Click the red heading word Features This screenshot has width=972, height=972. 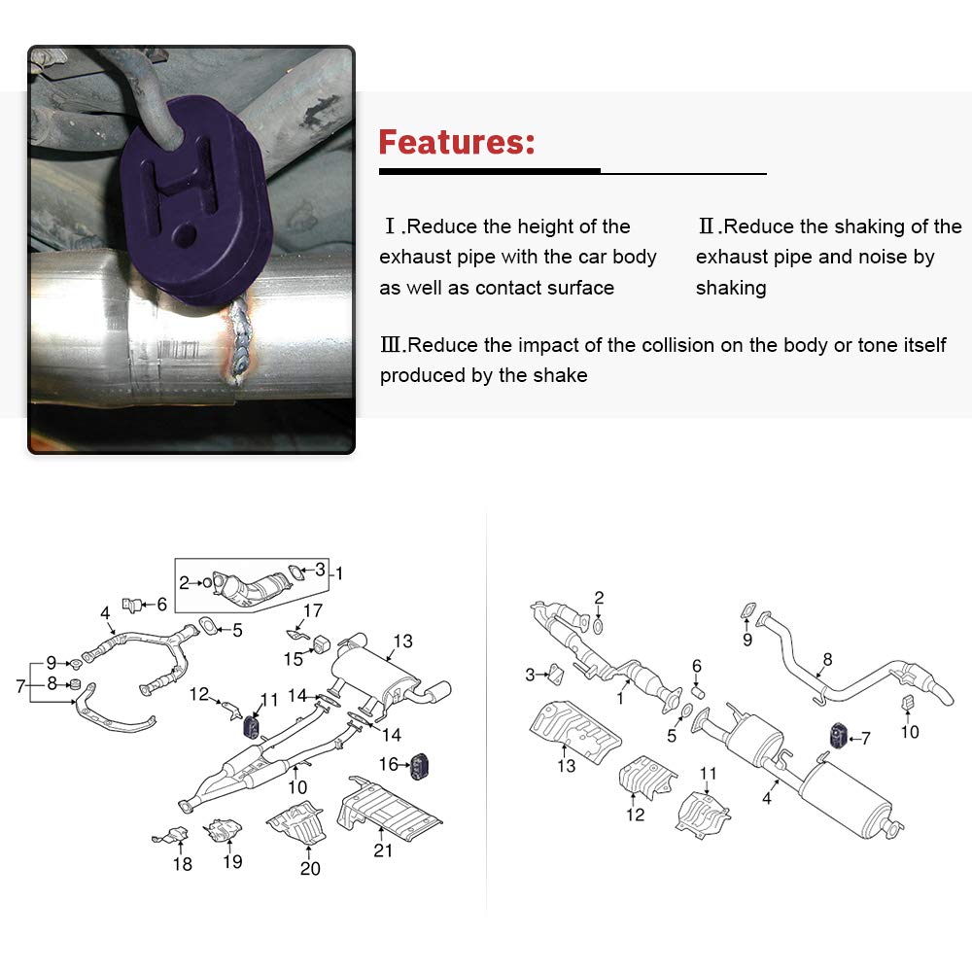click(x=456, y=142)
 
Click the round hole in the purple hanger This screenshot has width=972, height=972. click(x=184, y=234)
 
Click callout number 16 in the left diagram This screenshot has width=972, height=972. click(x=389, y=764)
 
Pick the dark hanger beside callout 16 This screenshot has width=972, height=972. click(x=420, y=766)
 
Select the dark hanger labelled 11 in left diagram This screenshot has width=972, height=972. click(x=251, y=727)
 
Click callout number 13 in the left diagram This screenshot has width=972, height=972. click(x=403, y=641)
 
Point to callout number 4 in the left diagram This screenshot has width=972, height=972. click(x=105, y=613)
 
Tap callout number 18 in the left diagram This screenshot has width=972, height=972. click(x=183, y=863)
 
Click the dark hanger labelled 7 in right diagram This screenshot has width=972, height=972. click(x=838, y=735)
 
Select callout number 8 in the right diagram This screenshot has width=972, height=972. click(x=827, y=659)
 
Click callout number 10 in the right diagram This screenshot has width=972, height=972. click(x=910, y=732)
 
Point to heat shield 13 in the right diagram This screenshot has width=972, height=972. click(x=574, y=733)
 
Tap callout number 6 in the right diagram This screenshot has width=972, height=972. click(x=697, y=666)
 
